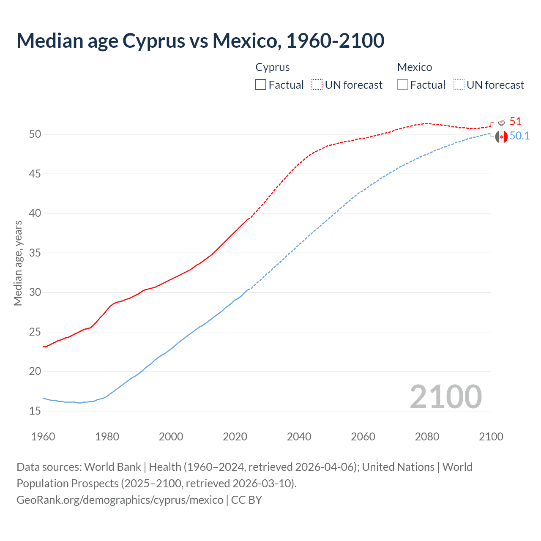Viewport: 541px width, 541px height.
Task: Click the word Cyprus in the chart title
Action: (154, 41)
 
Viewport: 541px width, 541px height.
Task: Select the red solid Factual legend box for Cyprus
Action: (261, 85)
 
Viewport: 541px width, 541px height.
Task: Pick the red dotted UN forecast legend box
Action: (317, 85)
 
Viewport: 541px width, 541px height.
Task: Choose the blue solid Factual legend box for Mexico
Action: (403, 85)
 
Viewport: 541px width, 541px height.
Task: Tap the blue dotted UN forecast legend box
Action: (459, 85)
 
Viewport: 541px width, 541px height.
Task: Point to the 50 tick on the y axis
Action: (35, 134)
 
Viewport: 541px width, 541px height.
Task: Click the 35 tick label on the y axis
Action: (35, 253)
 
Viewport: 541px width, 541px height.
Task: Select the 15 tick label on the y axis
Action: (35, 411)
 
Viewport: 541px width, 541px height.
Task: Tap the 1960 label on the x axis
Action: (43, 437)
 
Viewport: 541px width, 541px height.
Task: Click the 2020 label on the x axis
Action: (235, 437)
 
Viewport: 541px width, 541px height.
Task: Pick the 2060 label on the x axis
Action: (363, 437)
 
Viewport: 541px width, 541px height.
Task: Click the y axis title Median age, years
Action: (18, 263)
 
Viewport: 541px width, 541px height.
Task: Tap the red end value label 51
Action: (515, 122)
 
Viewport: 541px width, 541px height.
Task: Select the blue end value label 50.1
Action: (519, 136)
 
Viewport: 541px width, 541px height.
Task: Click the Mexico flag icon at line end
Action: (501, 137)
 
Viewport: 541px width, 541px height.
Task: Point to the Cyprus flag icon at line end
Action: (501, 122)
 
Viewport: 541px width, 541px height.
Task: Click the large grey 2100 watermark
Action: (445, 396)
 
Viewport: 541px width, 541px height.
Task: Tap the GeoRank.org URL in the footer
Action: (120, 500)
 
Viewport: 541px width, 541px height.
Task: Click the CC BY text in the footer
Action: (246, 500)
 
